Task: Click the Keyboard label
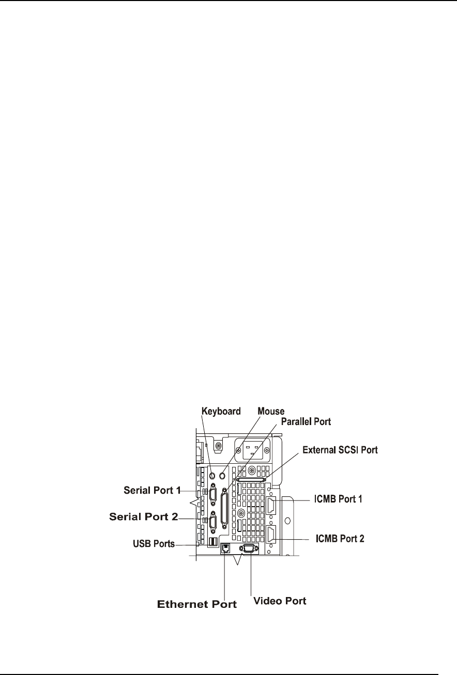[221, 412]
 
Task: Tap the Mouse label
[271, 412]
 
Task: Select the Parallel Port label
[306, 421]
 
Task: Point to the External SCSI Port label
[341, 450]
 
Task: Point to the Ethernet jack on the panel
[225, 548]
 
